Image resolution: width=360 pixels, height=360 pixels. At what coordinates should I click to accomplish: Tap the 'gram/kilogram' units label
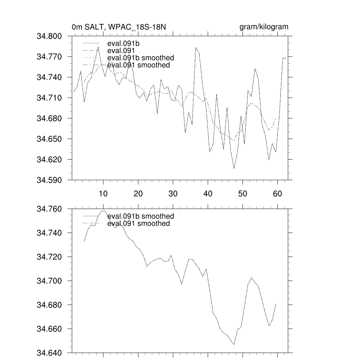click(x=264, y=27)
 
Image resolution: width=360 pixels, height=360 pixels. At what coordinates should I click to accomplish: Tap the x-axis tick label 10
click(x=103, y=193)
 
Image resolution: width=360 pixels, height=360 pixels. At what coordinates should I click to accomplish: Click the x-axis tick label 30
click(x=173, y=193)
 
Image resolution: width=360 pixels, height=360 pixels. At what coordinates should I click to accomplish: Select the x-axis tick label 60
click(x=277, y=193)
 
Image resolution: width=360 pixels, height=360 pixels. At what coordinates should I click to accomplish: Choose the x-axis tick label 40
click(x=207, y=193)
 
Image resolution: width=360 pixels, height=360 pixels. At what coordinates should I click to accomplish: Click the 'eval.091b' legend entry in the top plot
click(x=121, y=44)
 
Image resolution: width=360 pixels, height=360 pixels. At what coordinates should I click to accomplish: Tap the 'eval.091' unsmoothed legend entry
click(x=120, y=51)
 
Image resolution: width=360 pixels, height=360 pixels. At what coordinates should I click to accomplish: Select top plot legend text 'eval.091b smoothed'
click(x=140, y=58)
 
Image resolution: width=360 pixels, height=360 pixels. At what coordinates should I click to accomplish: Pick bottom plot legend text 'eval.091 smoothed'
click(x=138, y=224)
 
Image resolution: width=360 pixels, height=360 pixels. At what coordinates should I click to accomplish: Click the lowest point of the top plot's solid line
click(x=234, y=169)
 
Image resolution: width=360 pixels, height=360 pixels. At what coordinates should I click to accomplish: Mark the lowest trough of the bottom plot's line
click(x=234, y=345)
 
